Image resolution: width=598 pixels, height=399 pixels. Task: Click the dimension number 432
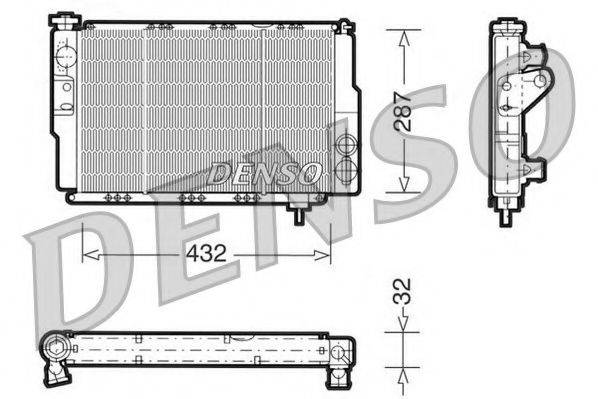[x=206, y=253]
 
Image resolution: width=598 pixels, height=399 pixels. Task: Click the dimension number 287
[x=404, y=111]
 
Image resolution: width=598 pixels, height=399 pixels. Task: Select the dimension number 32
[x=402, y=291]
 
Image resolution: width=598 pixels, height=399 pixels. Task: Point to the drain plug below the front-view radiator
[x=298, y=213]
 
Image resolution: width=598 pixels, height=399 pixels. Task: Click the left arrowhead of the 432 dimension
[x=91, y=254]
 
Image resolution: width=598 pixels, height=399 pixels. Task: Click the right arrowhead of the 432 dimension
[x=322, y=254]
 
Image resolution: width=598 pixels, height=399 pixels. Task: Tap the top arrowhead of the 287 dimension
[x=404, y=38]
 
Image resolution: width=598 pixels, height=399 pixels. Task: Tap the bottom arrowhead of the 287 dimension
[x=404, y=183]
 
